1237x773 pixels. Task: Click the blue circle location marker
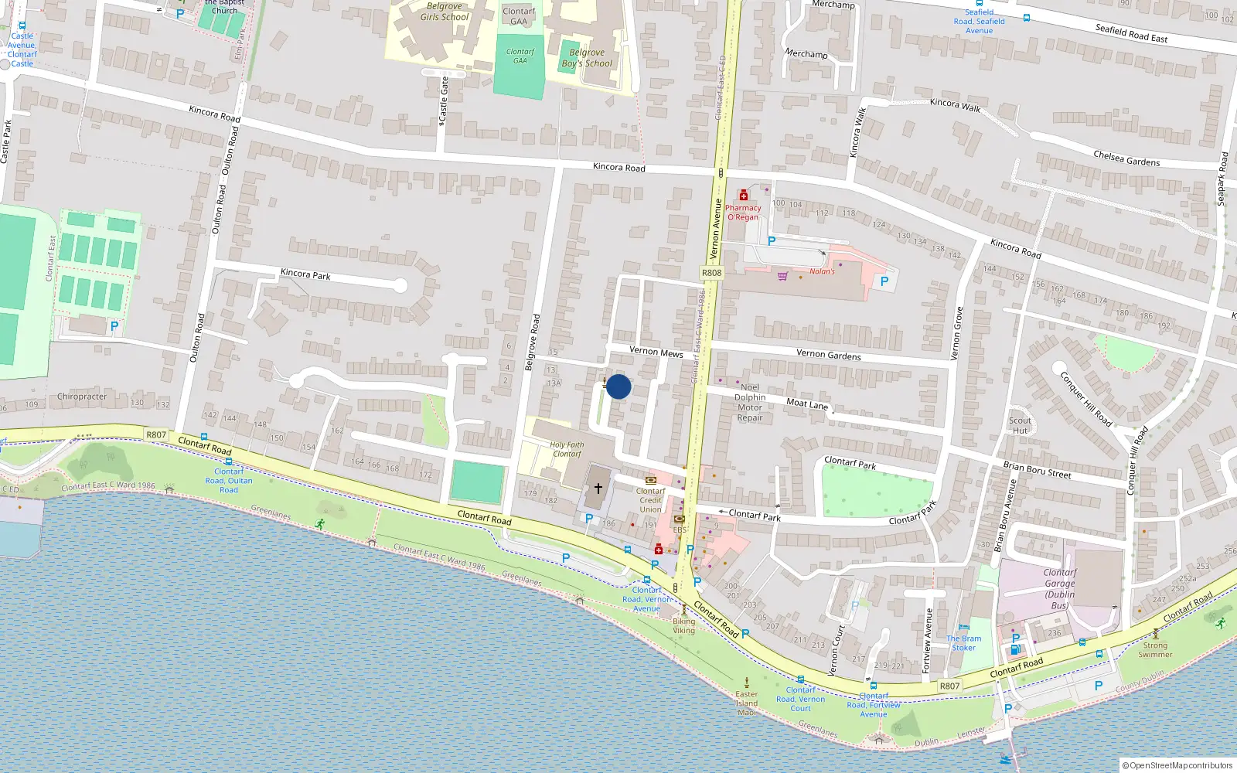(618, 386)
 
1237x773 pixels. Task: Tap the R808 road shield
(711, 273)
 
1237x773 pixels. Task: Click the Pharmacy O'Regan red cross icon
(744, 195)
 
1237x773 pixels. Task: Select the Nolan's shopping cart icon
(782, 276)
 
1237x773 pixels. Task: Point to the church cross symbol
(598, 489)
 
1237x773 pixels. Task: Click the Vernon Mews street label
(656, 352)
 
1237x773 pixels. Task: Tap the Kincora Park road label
(305, 274)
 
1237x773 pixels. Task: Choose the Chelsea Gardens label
(1126, 158)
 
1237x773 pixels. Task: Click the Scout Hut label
(1020, 426)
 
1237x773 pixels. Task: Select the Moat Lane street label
(807, 403)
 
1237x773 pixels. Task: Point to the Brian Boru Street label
(1037, 469)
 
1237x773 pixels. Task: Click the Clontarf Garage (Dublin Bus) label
(1060, 589)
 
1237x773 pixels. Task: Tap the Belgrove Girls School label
(445, 12)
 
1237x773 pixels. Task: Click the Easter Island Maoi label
(747, 703)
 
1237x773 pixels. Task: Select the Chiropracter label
(82, 397)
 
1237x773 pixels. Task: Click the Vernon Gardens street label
(828, 354)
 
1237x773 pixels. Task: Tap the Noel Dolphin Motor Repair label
(749, 403)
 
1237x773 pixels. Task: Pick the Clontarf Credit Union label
(650, 500)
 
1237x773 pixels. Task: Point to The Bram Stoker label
(964, 643)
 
